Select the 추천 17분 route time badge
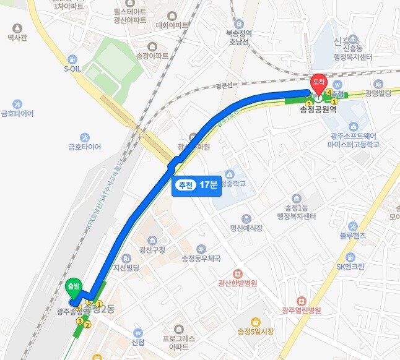(196, 186)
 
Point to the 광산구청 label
(153, 249)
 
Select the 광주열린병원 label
(301, 310)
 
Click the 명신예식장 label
(246, 228)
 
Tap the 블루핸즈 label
(353, 236)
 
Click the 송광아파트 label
(152, 55)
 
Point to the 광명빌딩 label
(378, 93)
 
